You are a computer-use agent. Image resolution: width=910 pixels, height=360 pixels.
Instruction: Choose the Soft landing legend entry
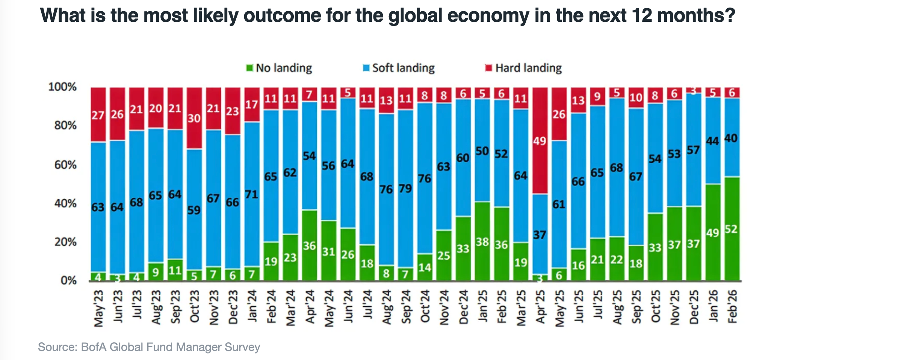(x=399, y=68)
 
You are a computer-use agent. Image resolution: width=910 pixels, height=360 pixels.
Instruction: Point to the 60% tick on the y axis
(x=65, y=165)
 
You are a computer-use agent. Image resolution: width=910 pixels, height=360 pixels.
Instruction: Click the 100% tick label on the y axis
(x=62, y=87)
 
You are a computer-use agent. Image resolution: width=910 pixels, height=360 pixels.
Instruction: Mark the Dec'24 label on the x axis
(x=463, y=307)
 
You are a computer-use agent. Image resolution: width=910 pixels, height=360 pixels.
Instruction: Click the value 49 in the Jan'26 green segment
(x=713, y=233)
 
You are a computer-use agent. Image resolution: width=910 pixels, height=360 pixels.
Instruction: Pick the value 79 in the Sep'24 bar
(x=405, y=188)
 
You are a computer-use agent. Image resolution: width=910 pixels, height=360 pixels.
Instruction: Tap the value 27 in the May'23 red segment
(x=98, y=115)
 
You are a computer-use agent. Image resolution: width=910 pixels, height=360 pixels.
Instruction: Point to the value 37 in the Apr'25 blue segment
(x=540, y=235)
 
